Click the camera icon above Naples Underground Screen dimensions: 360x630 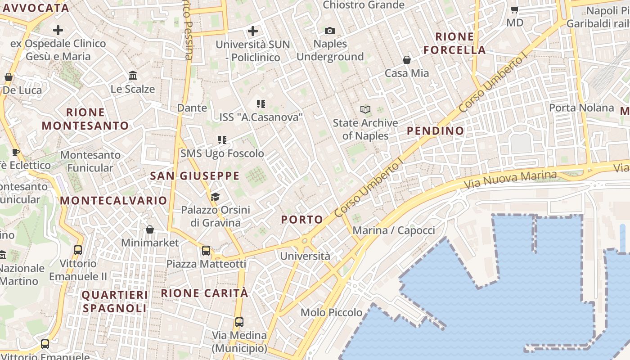point(330,31)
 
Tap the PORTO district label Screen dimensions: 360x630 point(302,220)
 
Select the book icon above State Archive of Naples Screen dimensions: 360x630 point(365,109)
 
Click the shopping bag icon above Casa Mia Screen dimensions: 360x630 point(407,60)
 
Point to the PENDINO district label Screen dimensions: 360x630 point(435,131)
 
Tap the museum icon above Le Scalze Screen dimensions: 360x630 point(133,75)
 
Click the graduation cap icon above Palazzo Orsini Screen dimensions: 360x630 point(215,197)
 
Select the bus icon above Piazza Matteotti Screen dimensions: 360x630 point(206,251)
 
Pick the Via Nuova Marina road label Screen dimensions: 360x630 point(510,180)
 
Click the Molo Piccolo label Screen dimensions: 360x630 point(332,312)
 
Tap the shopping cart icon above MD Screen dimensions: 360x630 point(515,9)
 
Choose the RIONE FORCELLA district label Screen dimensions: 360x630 point(454,43)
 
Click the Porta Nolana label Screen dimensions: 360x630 point(581,108)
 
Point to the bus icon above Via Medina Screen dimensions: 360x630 point(239,322)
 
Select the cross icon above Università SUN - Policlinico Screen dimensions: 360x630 point(253,31)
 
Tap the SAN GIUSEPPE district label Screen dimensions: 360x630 point(195,176)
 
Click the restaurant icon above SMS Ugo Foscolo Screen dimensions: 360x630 point(222,140)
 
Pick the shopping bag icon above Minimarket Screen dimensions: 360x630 point(150,229)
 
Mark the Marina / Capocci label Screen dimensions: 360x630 point(394,231)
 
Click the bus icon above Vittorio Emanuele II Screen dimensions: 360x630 point(78,250)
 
